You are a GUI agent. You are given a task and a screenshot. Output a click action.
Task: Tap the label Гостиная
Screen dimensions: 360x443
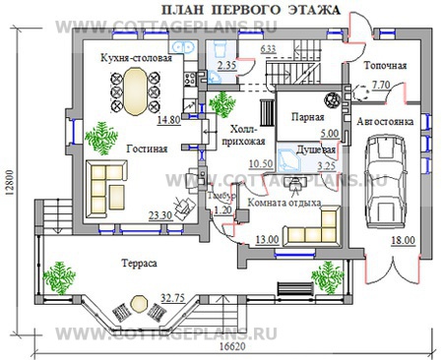146,149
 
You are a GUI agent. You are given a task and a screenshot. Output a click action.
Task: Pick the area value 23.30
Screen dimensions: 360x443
160,215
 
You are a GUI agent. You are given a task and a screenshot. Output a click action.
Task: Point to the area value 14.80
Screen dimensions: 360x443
168,120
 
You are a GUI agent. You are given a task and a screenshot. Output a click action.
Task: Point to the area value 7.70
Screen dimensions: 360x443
379,86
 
